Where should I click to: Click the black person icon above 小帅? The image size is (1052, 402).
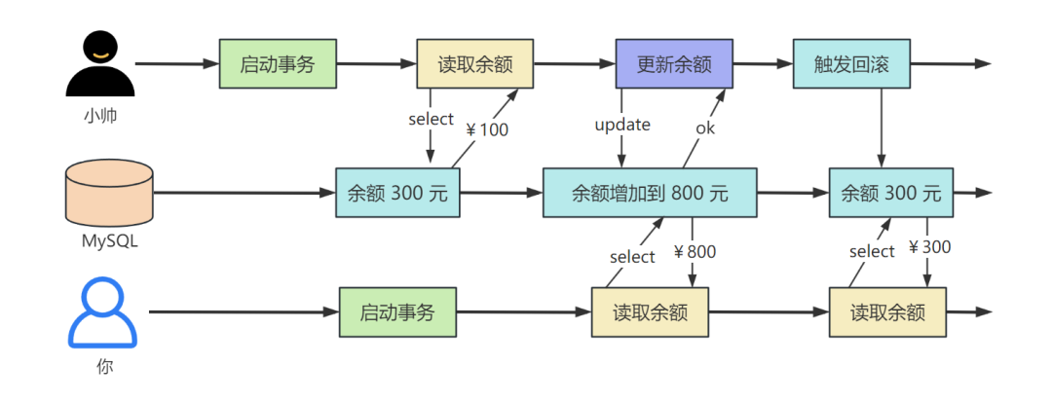(99, 63)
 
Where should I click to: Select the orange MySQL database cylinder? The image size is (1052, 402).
(108, 193)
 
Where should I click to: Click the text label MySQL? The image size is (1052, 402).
(108, 241)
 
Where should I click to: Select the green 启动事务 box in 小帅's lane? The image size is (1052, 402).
(277, 64)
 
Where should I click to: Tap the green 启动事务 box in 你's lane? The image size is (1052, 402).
(395, 312)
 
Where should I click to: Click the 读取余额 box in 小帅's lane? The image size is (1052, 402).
(474, 64)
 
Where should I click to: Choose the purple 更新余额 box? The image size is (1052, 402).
(673, 64)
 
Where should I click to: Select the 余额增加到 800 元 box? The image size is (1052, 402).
(650, 193)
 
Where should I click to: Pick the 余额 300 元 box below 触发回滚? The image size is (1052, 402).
(891, 193)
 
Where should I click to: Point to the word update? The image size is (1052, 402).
(622, 125)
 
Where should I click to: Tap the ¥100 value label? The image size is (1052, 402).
(488, 128)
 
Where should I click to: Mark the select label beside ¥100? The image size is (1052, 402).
(431, 119)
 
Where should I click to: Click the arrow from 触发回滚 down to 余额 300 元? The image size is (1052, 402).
(882, 127)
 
